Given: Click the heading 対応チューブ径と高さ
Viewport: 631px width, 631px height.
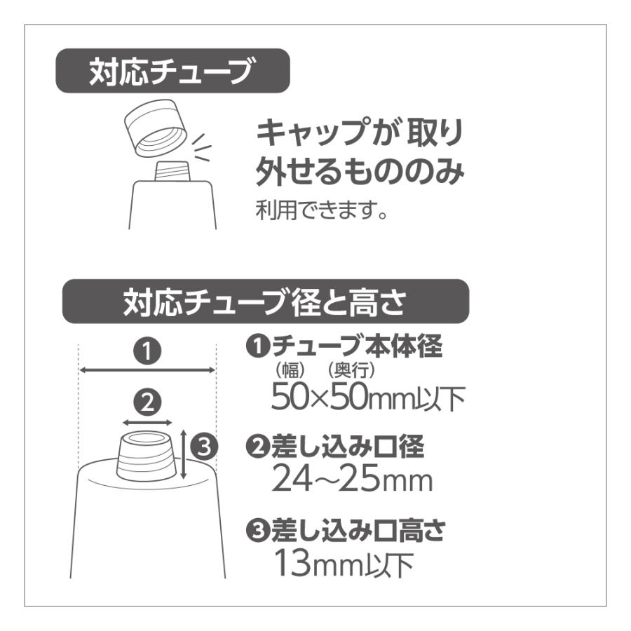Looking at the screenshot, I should click(265, 302).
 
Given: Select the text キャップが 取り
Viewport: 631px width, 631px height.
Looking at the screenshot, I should click(358, 131).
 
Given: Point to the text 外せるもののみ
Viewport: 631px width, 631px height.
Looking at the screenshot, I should click(359, 170).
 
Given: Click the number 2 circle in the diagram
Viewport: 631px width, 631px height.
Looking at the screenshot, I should click(147, 402).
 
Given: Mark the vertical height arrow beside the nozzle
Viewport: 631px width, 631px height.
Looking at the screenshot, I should click(183, 454).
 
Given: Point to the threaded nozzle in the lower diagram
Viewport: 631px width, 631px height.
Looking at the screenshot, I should click(146, 456).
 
